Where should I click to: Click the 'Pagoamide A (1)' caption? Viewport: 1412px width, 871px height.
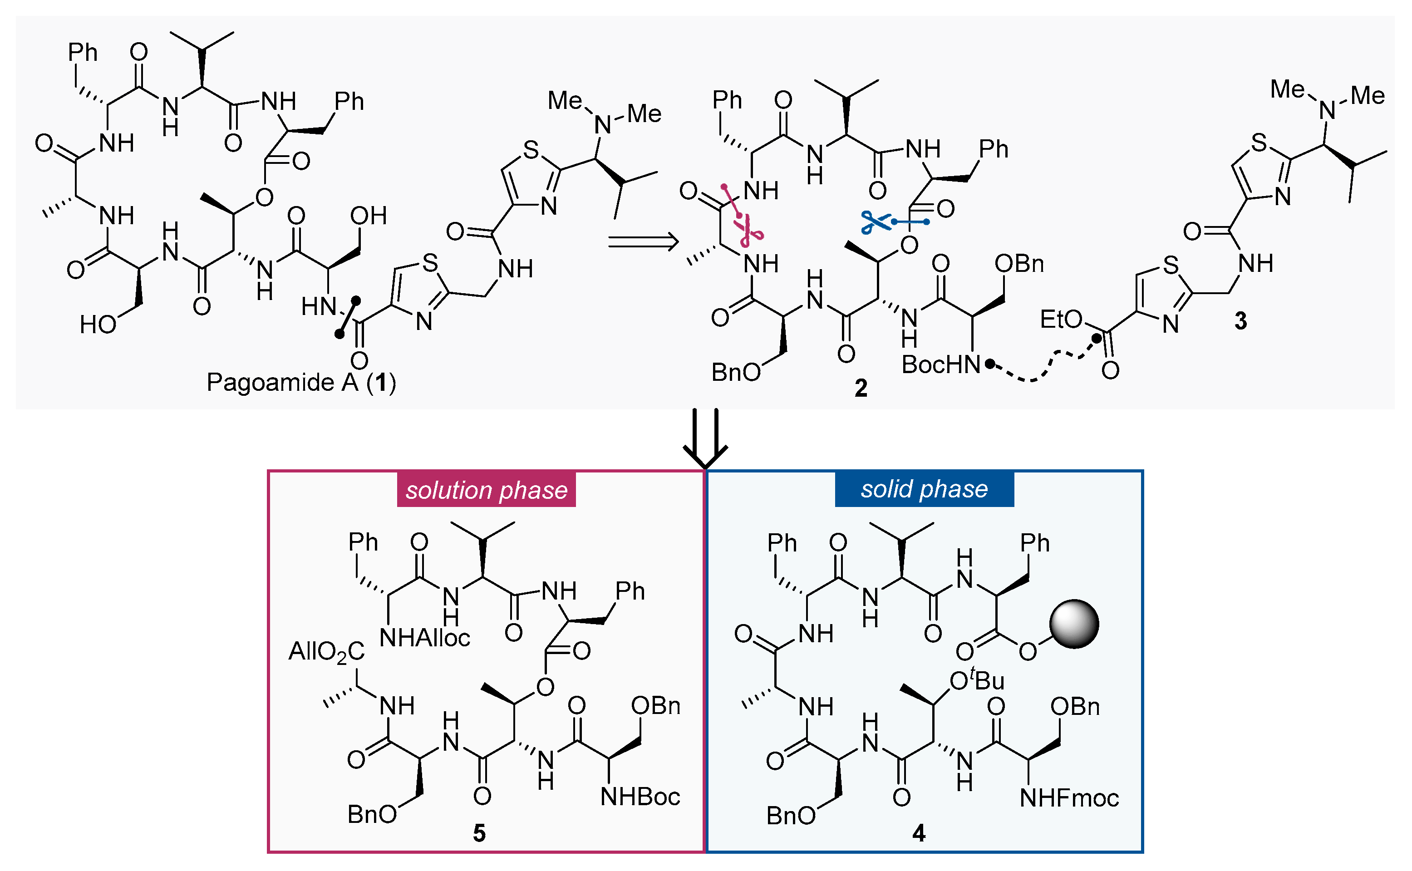pyautogui.click(x=301, y=383)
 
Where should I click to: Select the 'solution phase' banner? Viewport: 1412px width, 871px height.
pyautogui.click(x=486, y=490)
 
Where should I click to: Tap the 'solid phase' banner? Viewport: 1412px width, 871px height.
pyautogui.click(x=924, y=489)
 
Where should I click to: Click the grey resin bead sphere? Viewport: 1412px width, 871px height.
pyautogui.click(x=1073, y=625)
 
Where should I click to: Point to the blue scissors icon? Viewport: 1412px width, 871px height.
pyautogui.click(x=875, y=222)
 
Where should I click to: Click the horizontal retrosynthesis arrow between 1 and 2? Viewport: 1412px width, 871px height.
pyautogui.click(x=643, y=241)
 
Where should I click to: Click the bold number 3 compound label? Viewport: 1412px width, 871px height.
pyautogui.click(x=1240, y=321)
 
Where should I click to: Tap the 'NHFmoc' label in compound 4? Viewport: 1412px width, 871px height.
pyautogui.click(x=1069, y=798)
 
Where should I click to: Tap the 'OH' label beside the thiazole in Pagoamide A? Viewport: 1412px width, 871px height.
pyautogui.click(x=368, y=216)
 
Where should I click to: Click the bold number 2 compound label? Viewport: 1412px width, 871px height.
pyautogui.click(x=860, y=388)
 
